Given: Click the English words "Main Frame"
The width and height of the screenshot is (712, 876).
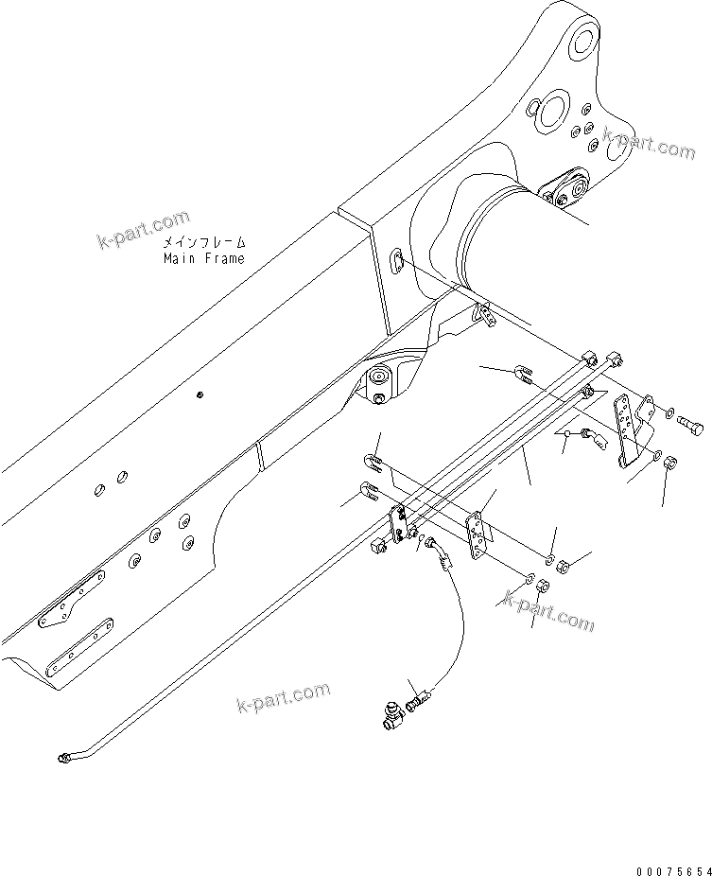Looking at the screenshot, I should click(x=203, y=258).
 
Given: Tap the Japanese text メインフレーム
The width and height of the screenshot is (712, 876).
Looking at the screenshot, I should click(x=203, y=243).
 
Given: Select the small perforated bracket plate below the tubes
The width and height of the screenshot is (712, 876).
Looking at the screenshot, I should click(x=480, y=535).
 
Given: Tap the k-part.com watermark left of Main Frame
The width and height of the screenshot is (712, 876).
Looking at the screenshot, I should click(x=144, y=230).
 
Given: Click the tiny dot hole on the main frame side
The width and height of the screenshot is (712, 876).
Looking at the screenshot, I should click(x=200, y=394).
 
